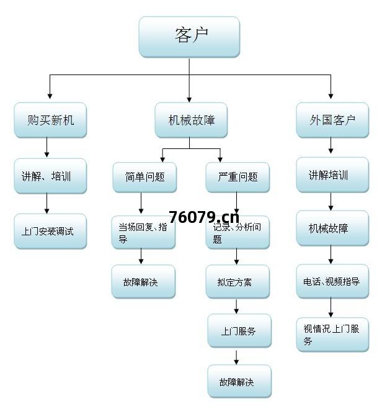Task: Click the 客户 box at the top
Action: coord(189,37)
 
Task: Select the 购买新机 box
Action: coord(50,120)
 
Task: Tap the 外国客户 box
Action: coord(332,120)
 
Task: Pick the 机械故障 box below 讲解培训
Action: coord(332,228)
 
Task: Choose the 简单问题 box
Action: coord(144,177)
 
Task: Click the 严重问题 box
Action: coord(238,177)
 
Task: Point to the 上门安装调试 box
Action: coord(50,232)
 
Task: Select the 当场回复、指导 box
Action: coord(143,232)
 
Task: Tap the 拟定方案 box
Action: coord(238,282)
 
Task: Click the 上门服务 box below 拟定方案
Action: coord(239,332)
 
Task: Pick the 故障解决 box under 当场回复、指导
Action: coord(143,282)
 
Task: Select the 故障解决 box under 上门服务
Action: coord(239,381)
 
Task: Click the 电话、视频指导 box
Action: coord(332,281)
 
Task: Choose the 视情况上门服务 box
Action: coord(332,335)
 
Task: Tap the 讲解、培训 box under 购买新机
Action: coord(50,176)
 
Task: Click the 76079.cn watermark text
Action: coord(203,217)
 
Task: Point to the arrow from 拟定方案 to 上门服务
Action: coord(236,307)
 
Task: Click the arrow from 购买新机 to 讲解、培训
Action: coord(47,148)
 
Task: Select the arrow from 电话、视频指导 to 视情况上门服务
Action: coord(331,307)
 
